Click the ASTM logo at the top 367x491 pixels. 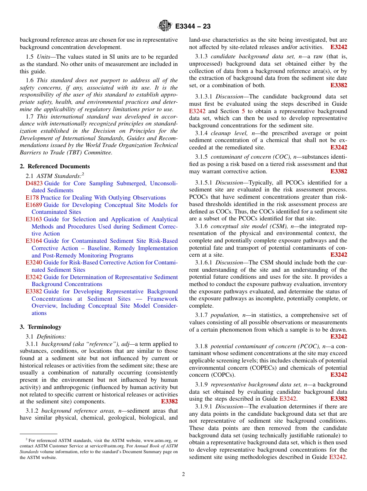pos(165,26)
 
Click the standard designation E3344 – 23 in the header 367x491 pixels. pos(193,26)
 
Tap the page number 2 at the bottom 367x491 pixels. pos(183,474)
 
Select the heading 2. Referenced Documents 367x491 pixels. pos(55,166)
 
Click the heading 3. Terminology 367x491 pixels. pos(41,327)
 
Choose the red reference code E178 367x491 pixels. pos(32,198)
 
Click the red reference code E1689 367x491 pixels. pos(34,205)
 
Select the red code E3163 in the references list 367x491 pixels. pos(34,219)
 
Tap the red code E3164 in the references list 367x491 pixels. pos(34,241)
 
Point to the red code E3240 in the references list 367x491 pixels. pos(34,262)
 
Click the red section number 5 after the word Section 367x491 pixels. pos(243,111)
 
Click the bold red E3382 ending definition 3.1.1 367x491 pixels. pos(169,401)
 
